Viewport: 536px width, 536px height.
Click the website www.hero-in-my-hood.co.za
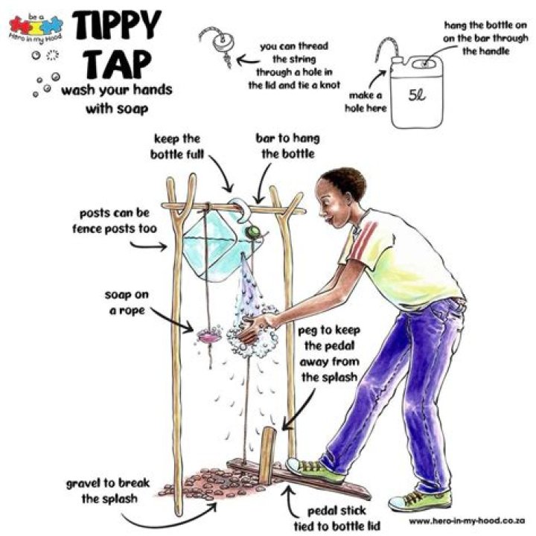click(468, 521)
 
